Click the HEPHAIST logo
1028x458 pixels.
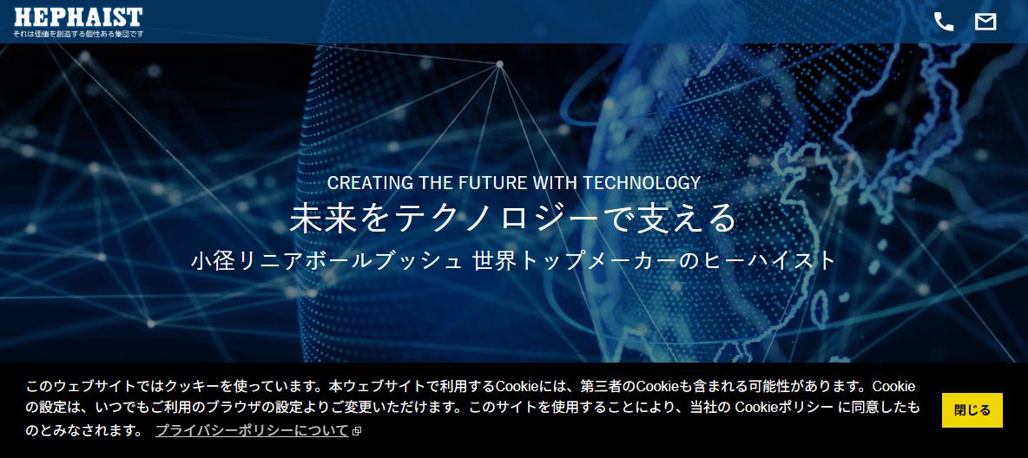(x=78, y=17)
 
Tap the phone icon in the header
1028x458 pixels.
(x=944, y=22)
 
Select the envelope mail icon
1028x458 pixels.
(x=985, y=22)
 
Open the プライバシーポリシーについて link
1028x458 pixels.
(x=253, y=430)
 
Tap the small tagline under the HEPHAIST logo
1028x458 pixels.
(x=78, y=34)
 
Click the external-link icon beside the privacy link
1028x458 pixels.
(x=357, y=431)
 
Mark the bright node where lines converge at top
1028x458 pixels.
(x=499, y=64)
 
